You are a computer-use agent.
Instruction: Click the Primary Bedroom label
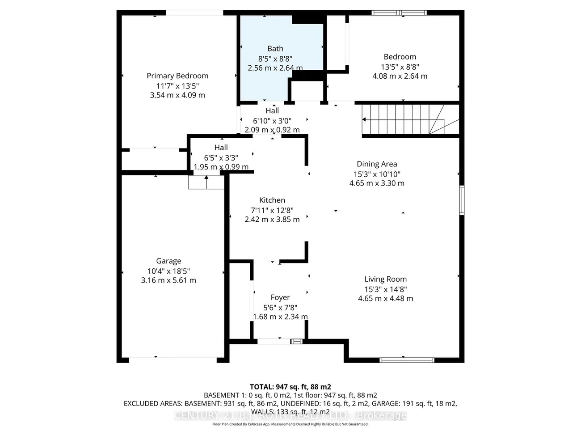[x=177, y=76]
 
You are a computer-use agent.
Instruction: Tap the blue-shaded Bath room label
[x=275, y=48]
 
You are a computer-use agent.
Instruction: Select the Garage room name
[x=168, y=261]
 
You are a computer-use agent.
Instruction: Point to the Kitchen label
[x=272, y=200]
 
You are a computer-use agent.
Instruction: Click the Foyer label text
[x=280, y=297]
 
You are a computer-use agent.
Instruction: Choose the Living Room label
[x=385, y=279]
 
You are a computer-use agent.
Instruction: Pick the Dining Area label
[x=377, y=164]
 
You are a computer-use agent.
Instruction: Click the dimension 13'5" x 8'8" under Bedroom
[x=400, y=67]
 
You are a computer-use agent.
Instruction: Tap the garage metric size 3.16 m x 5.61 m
[x=168, y=280]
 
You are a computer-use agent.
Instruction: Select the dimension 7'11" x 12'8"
[x=272, y=210]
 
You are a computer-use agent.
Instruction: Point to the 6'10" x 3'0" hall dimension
[x=272, y=121]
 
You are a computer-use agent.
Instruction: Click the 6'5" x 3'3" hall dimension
[x=221, y=158]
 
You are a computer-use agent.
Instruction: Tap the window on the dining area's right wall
[x=462, y=200]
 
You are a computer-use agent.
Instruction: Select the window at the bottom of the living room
[x=406, y=360]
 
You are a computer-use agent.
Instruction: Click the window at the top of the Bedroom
[x=399, y=13]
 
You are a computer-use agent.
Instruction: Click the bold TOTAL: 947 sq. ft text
[x=290, y=387]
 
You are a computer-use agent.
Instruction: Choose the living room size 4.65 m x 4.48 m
[x=385, y=298]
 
